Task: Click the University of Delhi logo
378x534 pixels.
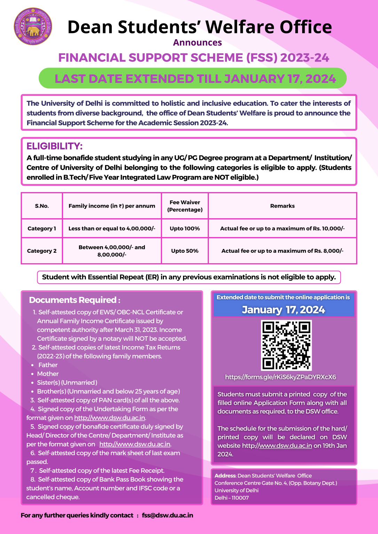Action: pyautogui.click(x=33, y=27)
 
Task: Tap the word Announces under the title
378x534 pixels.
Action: pyautogui.click(x=197, y=42)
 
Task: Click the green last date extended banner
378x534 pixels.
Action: pyautogui.click(x=192, y=79)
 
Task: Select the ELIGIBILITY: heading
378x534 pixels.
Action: pyautogui.click(x=55, y=146)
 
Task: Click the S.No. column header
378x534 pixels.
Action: pyautogui.click(x=42, y=206)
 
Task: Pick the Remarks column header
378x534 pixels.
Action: pyautogui.click(x=282, y=206)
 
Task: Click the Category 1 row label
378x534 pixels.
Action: pyautogui.click(x=42, y=228)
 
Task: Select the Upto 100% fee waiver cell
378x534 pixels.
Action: pyautogui.click(x=185, y=228)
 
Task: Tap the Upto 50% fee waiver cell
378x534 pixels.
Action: pyautogui.click(x=185, y=251)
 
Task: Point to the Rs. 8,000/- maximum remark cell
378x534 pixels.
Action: pyautogui.click(x=282, y=251)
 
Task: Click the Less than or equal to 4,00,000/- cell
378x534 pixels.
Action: pyautogui.click(x=112, y=228)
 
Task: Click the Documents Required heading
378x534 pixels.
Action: pyautogui.click(x=74, y=300)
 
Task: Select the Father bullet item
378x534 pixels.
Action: pyautogui.click(x=48, y=365)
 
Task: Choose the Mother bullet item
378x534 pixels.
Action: pyautogui.click(x=48, y=374)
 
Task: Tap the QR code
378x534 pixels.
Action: pyautogui.click(x=286, y=345)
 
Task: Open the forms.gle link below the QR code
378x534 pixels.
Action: pyautogui.click(x=281, y=377)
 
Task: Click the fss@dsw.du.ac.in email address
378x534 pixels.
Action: pyautogui.click(x=167, y=515)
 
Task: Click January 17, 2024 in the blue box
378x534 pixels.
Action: pyautogui.click(x=283, y=309)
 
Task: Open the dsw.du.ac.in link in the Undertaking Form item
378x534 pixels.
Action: pyautogui.click(x=110, y=418)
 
